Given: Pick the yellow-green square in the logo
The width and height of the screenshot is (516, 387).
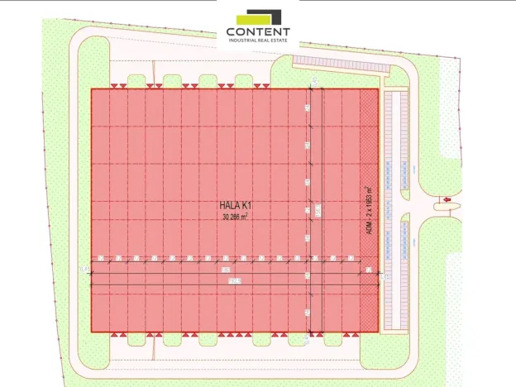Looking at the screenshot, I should click(x=246, y=17).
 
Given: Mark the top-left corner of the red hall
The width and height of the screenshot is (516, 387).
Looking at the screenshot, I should click(x=91, y=89).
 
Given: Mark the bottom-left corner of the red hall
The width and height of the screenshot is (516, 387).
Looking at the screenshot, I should click(x=91, y=332).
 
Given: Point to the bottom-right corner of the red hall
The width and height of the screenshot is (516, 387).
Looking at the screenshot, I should click(x=379, y=332).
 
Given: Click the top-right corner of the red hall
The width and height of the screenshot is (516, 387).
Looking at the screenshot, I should click(x=379, y=89).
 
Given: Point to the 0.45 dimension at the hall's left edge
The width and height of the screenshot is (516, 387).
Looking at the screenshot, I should click(x=85, y=270).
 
